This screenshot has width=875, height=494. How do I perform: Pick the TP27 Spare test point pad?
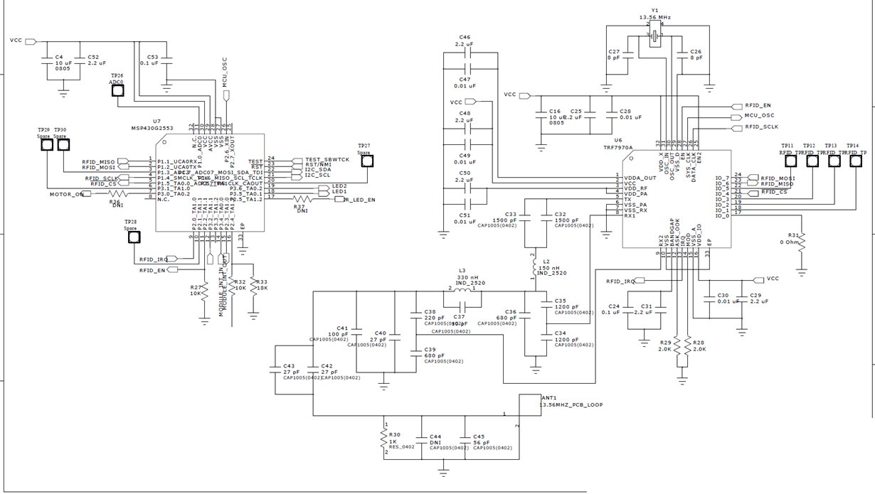point(367,161)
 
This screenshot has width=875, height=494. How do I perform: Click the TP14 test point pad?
point(855,162)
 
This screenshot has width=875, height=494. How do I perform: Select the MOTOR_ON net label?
point(66,194)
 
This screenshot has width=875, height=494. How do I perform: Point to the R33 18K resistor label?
point(262,285)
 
